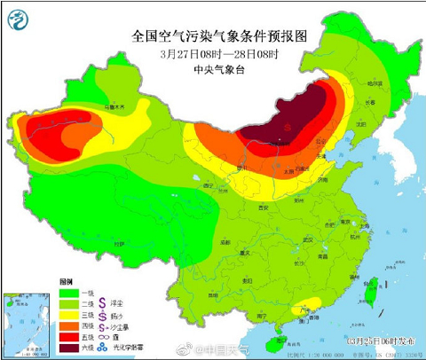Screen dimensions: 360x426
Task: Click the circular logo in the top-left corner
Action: click(20, 20)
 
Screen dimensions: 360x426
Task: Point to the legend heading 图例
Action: click(65, 279)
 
